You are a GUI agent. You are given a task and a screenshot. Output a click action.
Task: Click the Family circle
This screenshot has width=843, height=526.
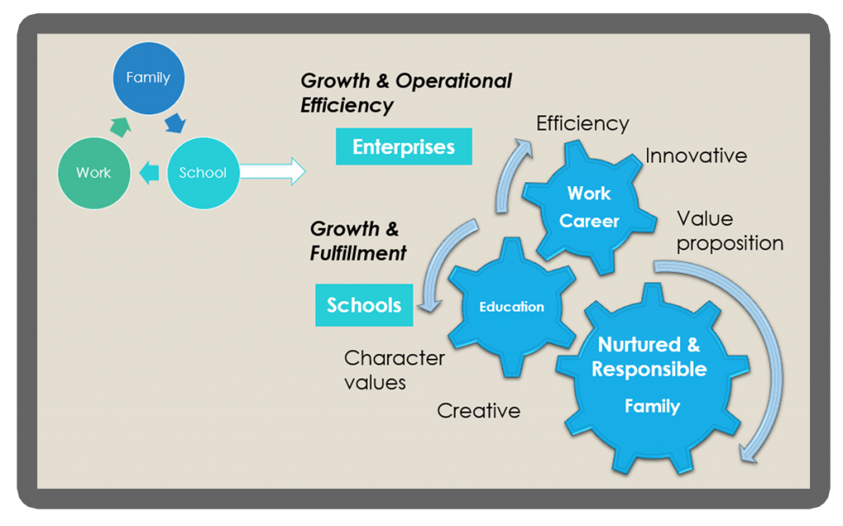pyautogui.click(x=148, y=78)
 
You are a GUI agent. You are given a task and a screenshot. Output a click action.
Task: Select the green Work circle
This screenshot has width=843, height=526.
pyautogui.click(x=94, y=172)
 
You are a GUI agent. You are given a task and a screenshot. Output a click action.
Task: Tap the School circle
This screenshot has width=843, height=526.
pyautogui.click(x=203, y=172)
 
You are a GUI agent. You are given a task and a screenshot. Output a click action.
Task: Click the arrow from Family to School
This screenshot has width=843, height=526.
pyautogui.click(x=175, y=123)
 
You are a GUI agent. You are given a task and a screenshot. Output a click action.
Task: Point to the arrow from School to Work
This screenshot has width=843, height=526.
pyautogui.click(x=149, y=173)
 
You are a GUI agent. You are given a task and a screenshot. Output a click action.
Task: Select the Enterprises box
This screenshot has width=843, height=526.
pyautogui.click(x=403, y=147)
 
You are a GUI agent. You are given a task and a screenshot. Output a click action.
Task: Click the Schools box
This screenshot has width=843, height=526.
pyautogui.click(x=364, y=305)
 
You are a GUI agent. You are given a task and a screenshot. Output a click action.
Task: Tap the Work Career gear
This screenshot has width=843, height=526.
pyautogui.click(x=589, y=206)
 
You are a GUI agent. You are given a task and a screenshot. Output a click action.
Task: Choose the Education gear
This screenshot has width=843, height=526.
pyautogui.click(x=512, y=307)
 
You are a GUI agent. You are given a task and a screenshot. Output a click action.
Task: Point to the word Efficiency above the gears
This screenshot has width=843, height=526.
pyautogui.click(x=583, y=123)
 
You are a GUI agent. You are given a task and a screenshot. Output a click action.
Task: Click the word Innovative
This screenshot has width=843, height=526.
pyautogui.click(x=696, y=156)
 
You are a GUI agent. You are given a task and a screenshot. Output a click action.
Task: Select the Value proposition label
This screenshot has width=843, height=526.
pyautogui.click(x=729, y=231)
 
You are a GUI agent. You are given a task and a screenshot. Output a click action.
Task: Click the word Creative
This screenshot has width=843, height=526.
pyautogui.click(x=478, y=410)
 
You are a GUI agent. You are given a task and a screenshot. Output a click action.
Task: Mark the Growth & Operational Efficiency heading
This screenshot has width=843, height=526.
pyautogui.click(x=406, y=93)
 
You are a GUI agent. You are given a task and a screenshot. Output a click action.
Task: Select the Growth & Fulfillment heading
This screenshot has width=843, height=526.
pyautogui.click(x=358, y=240)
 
